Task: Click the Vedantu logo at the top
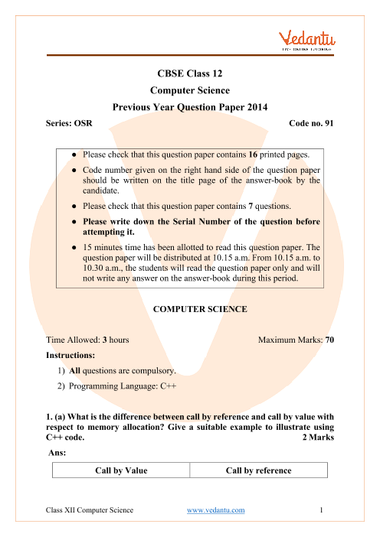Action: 307,41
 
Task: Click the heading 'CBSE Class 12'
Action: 190,73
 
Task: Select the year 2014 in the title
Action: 257,107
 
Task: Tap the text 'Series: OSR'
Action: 69,123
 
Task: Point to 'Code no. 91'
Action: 311,123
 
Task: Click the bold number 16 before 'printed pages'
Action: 253,155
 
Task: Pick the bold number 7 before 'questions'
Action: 251,206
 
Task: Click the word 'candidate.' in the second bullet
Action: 101,190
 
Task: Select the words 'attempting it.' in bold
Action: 108,233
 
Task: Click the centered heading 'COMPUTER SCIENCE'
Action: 200,309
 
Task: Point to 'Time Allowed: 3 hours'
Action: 87,340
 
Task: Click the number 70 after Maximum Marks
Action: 329,340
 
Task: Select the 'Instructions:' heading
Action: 70,355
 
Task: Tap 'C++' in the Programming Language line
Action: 169,386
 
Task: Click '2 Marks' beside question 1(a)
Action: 318,438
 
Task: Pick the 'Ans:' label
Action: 57,453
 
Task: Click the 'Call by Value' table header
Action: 121,470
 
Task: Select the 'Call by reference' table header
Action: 259,470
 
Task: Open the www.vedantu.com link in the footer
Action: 216,510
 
